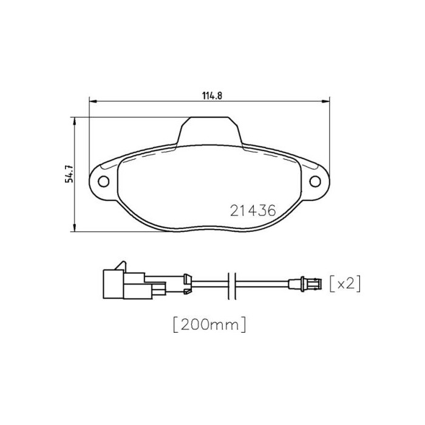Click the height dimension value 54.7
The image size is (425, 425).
pyautogui.click(x=70, y=174)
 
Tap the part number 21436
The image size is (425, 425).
pyautogui.click(x=253, y=211)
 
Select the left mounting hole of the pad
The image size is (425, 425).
pyautogui.click(x=103, y=180)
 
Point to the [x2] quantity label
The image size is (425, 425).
pyautogui.click(x=345, y=284)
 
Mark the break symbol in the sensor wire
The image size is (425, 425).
pyautogui.click(x=231, y=283)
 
